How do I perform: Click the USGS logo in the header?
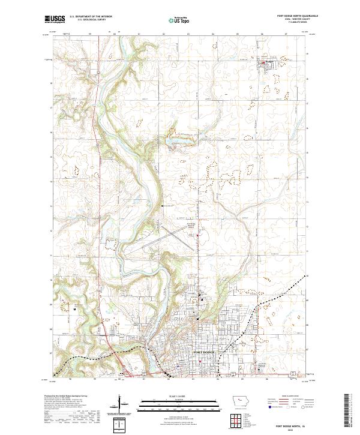[x=55, y=19]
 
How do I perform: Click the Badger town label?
[x=268, y=60]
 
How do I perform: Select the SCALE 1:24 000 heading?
[x=179, y=395]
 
